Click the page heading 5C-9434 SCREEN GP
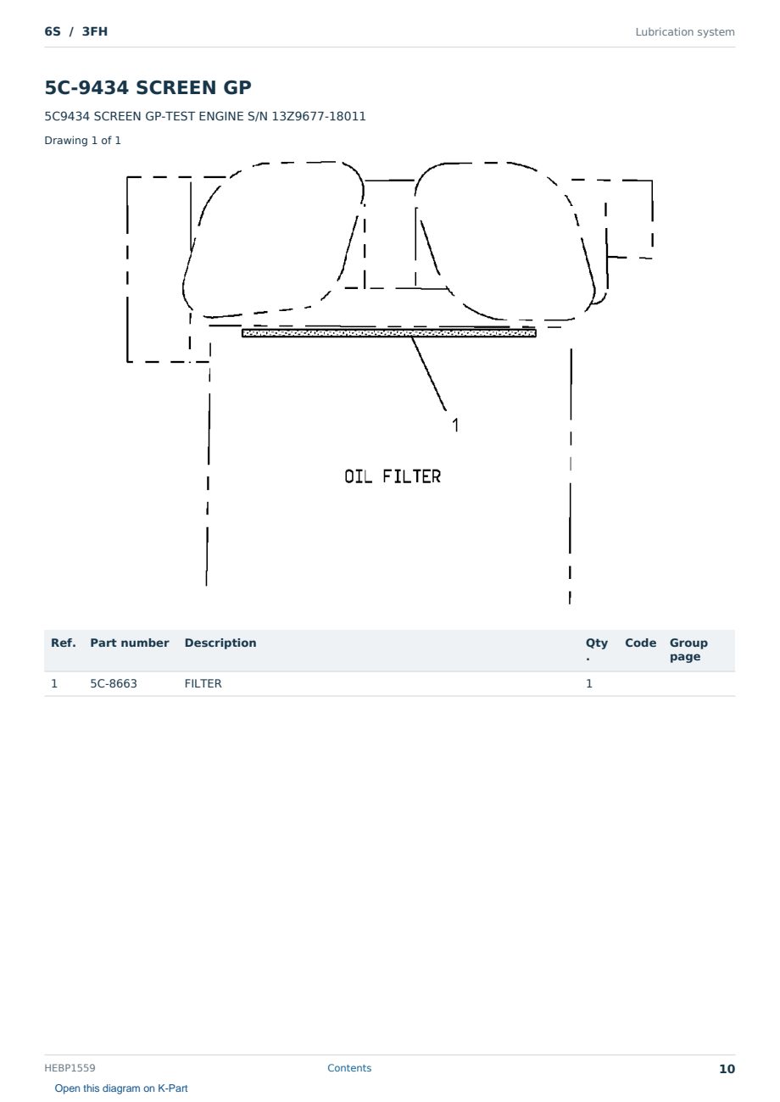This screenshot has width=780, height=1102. [148, 87]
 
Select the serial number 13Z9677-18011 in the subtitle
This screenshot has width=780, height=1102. [319, 117]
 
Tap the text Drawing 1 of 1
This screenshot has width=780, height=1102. [83, 141]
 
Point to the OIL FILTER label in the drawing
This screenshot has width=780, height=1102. [393, 476]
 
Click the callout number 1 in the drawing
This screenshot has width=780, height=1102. [455, 425]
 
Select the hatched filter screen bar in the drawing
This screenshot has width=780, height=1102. [389, 333]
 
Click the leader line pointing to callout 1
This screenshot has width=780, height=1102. [429, 374]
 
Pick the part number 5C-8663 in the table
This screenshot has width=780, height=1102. [114, 683]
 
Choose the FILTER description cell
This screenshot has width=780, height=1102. [203, 683]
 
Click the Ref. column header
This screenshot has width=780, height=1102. [64, 643]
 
